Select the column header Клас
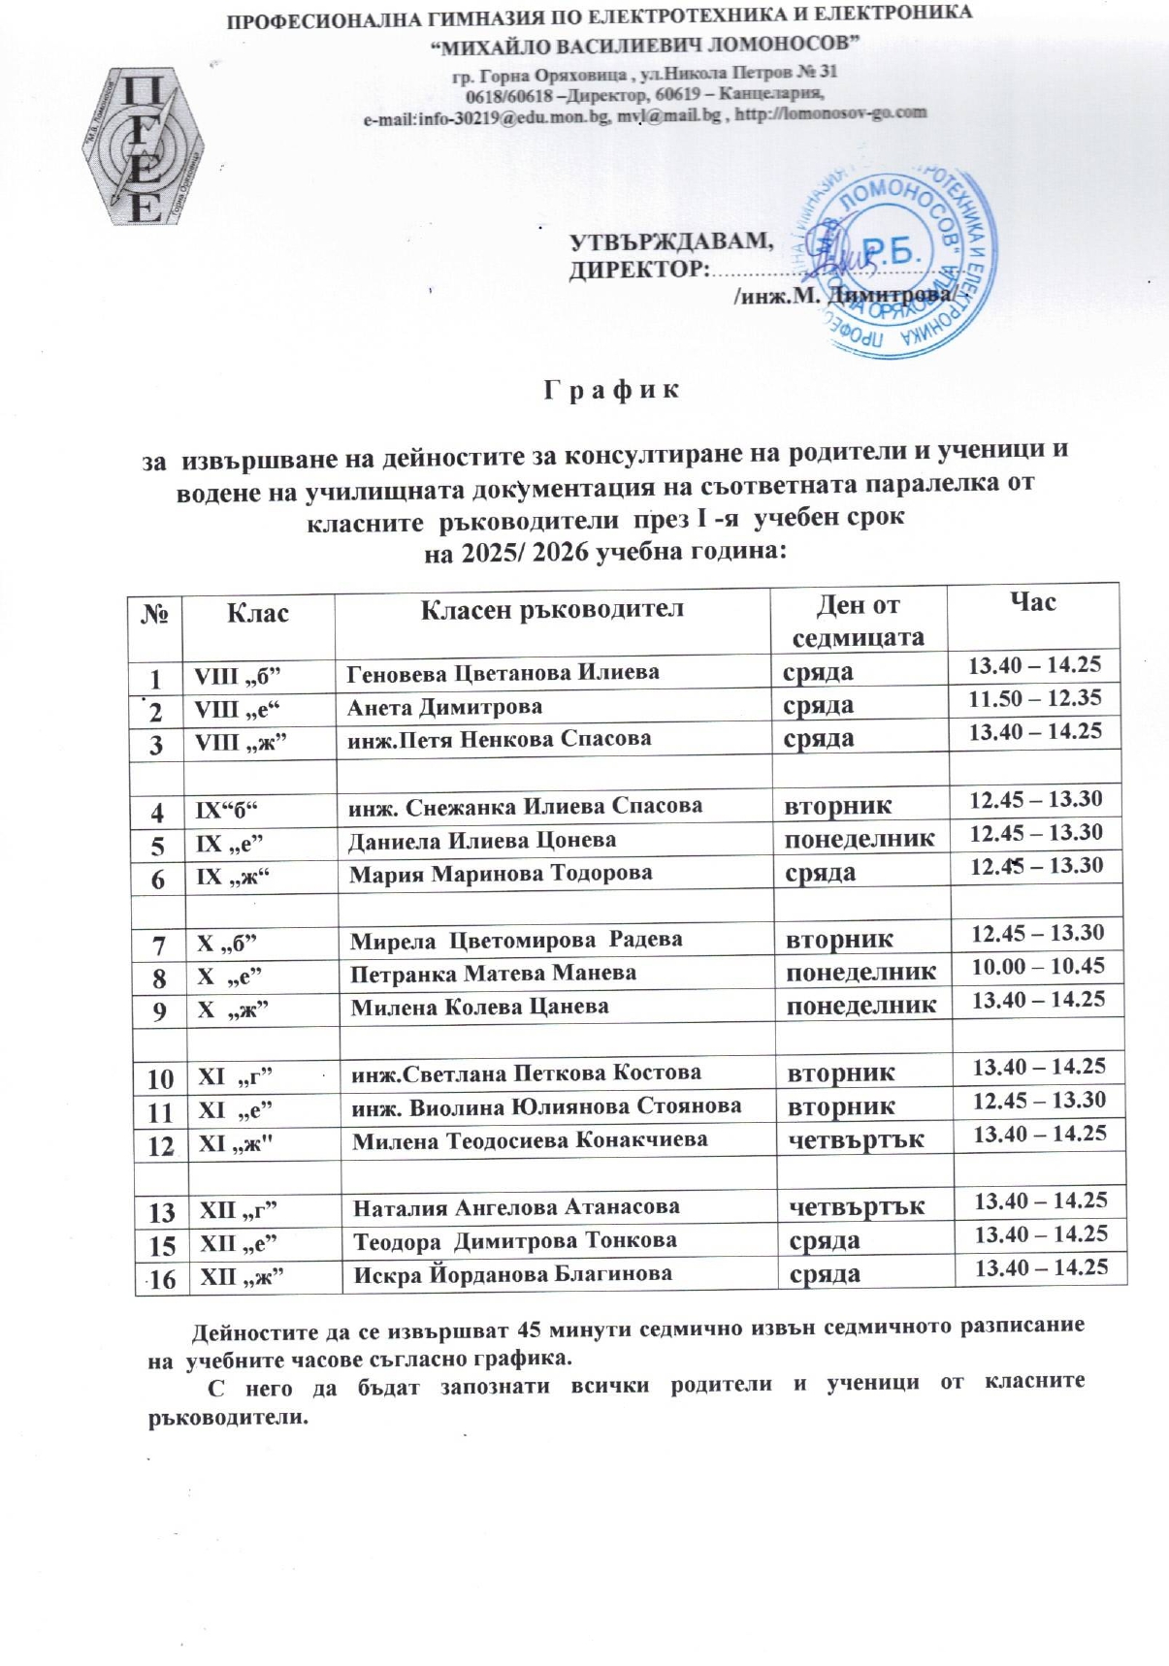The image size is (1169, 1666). [257, 613]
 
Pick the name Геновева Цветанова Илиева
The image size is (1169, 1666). [503, 671]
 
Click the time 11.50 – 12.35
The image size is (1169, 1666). [1035, 697]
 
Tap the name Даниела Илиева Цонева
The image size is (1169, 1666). [482, 840]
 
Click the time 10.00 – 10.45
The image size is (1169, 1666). [1037, 966]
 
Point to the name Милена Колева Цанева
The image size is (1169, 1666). [479, 1007]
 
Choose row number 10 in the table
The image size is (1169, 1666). [161, 1077]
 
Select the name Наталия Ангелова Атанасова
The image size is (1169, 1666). [516, 1207]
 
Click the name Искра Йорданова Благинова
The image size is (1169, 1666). [512, 1273]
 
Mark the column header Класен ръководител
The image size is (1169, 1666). [552, 609]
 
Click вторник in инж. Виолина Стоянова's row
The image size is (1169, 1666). [841, 1106]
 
